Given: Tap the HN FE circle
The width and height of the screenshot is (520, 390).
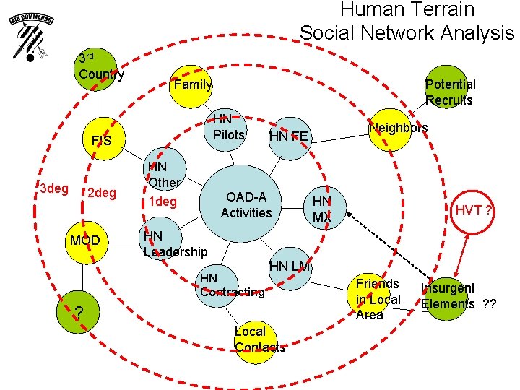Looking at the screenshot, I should (x=291, y=134).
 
